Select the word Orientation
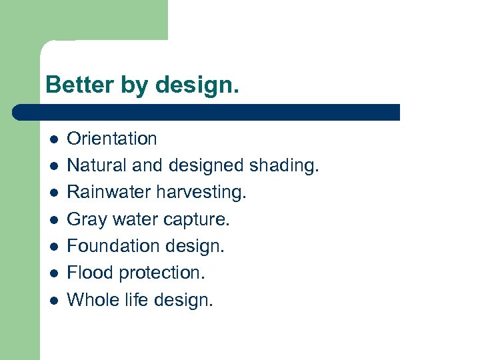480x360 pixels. coord(112,139)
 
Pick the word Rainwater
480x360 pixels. coord(109,192)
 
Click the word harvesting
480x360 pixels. coord(201,193)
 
